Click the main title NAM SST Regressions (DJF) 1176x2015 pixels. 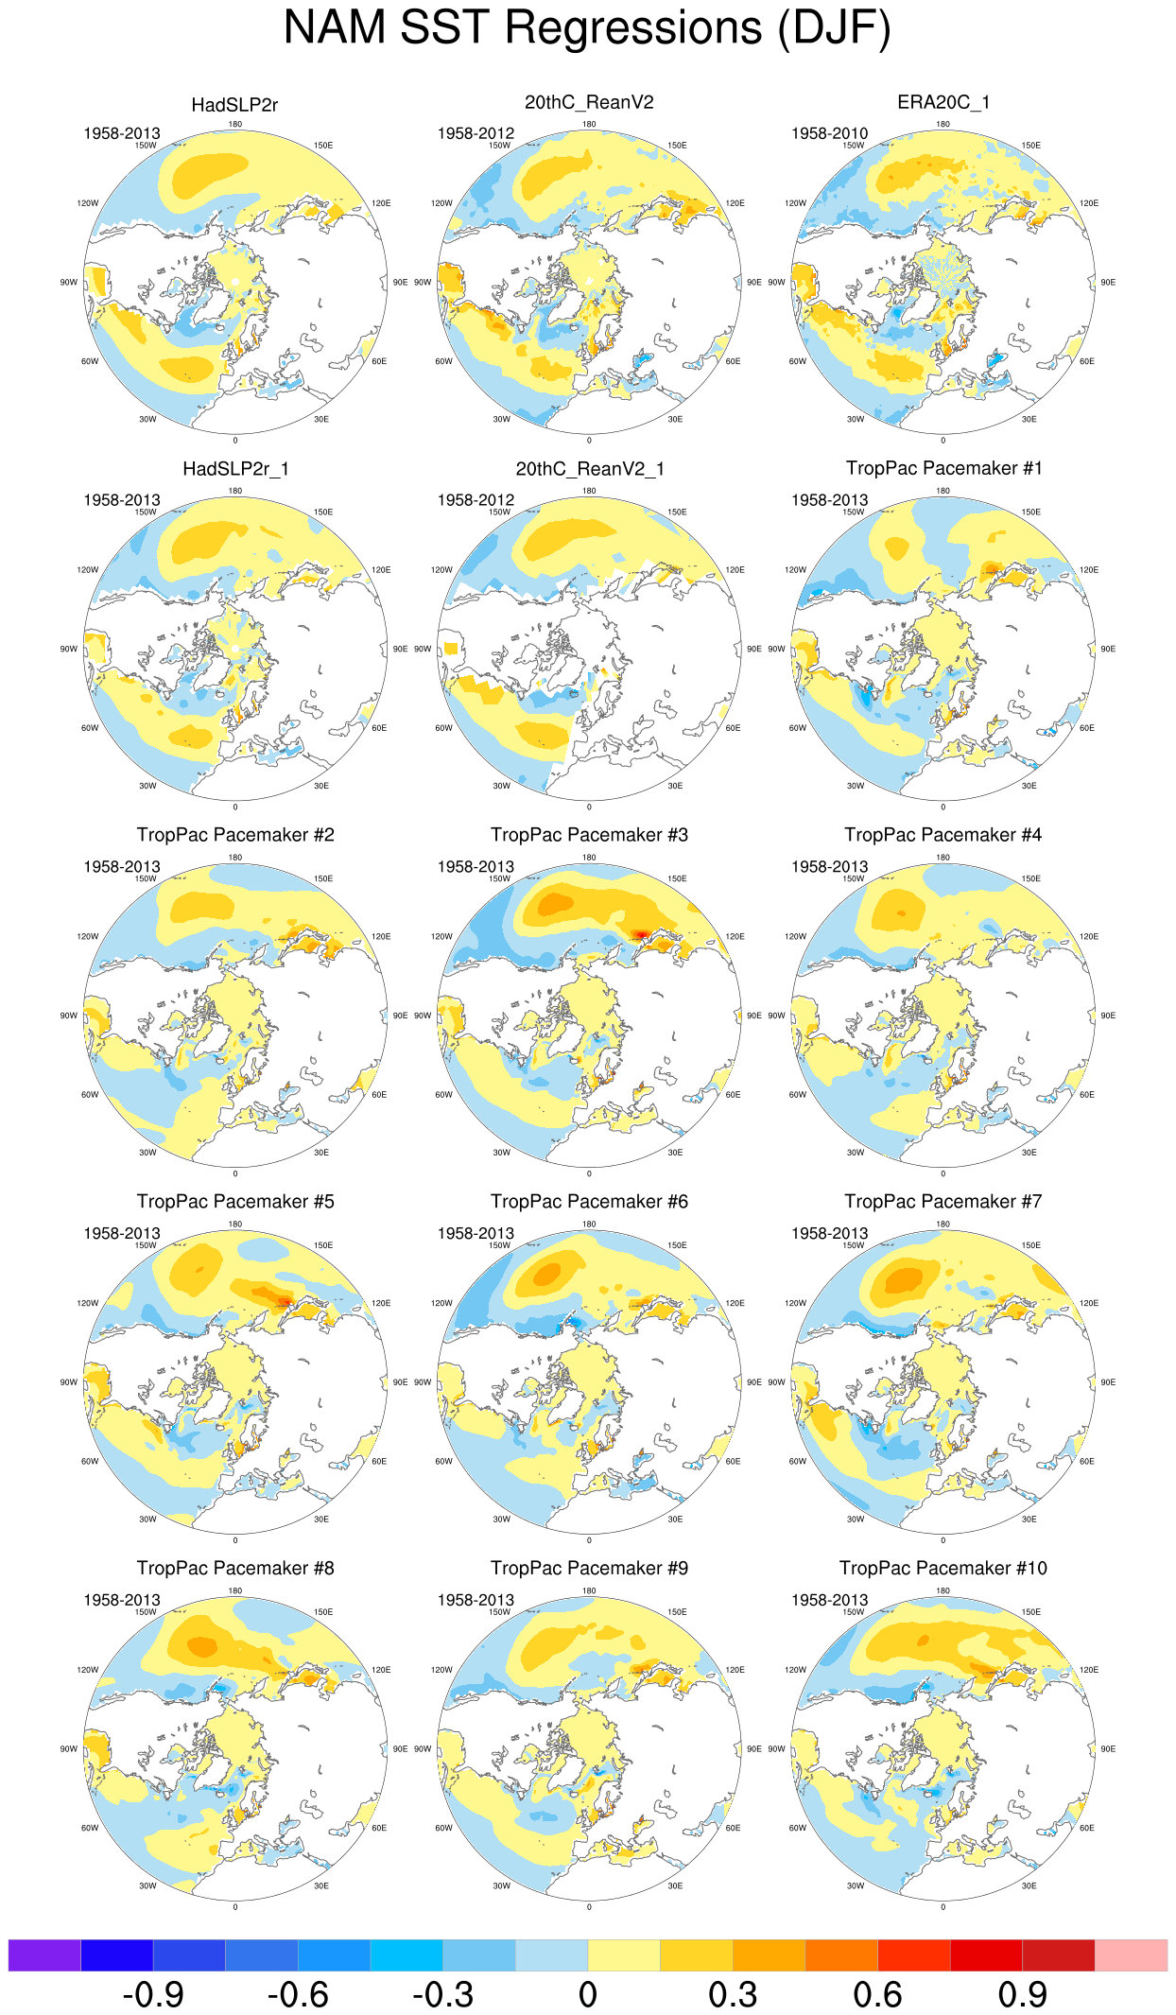tap(587, 27)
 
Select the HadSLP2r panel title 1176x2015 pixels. tap(234, 105)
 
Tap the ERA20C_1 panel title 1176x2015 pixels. tap(943, 102)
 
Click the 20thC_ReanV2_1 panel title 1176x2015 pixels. tap(589, 469)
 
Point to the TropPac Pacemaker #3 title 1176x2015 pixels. tap(589, 835)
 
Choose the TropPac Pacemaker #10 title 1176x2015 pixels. tap(943, 1568)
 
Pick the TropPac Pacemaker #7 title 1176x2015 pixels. tap(943, 1202)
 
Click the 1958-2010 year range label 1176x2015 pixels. tap(829, 133)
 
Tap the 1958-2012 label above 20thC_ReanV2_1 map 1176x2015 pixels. tap(476, 500)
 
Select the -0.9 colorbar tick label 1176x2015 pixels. tap(153, 1995)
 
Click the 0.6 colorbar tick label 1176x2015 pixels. tap(877, 1995)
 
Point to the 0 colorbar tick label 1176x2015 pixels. tap(588, 1995)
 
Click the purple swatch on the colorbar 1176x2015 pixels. tap(44, 1954)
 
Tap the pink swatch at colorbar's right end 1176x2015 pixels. tap(1131, 1954)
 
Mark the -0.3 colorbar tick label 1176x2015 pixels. tap(442, 1995)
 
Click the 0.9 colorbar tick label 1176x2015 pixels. tap(1022, 1995)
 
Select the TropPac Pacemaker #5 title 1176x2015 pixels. tap(235, 1202)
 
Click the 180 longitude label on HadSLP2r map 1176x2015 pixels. tap(234, 124)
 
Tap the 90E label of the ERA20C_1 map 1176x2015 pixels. tap(1108, 282)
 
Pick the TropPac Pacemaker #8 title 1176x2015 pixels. tap(235, 1568)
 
